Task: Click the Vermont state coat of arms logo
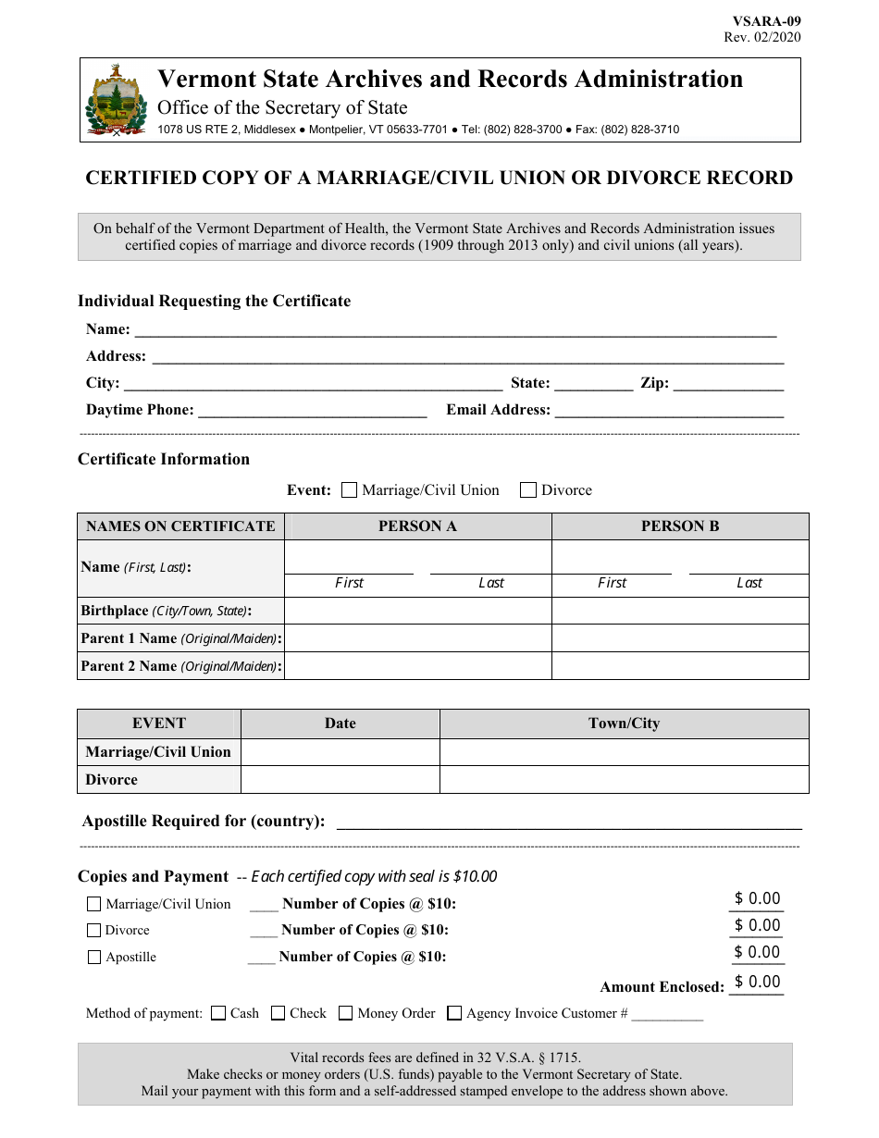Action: click(x=116, y=101)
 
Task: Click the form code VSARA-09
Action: click(x=767, y=21)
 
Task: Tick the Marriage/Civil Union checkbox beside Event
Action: click(x=349, y=490)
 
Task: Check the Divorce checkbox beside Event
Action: click(x=528, y=490)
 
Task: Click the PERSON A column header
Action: click(x=417, y=526)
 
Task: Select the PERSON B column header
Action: click(x=680, y=526)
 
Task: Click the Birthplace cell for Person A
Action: click(x=417, y=611)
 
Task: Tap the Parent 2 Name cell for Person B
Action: click(x=680, y=666)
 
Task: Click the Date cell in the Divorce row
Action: click(x=340, y=780)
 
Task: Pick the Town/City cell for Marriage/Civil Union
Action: click(x=624, y=752)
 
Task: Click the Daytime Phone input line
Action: click(x=312, y=411)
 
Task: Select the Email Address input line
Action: click(x=668, y=411)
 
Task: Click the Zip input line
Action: click(x=728, y=384)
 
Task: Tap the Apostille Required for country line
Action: click(x=568, y=822)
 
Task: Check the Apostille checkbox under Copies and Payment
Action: click(x=93, y=958)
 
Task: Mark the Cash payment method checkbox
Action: click(x=218, y=1013)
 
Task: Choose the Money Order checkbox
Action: click(x=345, y=1013)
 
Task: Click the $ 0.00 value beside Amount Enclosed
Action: click(x=757, y=983)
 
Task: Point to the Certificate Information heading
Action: click(x=164, y=459)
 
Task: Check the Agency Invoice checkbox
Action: click(x=454, y=1013)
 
